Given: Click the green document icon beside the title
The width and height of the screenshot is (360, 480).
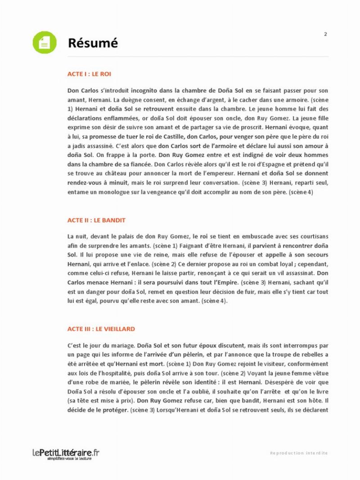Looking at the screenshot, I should click(45, 43).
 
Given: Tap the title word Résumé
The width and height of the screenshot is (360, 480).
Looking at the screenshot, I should click(93, 43).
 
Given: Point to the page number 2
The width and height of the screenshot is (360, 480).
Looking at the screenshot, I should click(325, 34).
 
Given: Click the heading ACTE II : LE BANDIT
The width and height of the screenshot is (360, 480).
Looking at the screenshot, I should click(96, 220).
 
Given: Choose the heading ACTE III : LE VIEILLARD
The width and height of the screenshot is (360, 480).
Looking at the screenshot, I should click(101, 329).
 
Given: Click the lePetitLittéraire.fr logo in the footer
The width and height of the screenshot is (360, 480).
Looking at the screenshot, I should click(66, 452).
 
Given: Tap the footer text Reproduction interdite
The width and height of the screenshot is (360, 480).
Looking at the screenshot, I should click(299, 453).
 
